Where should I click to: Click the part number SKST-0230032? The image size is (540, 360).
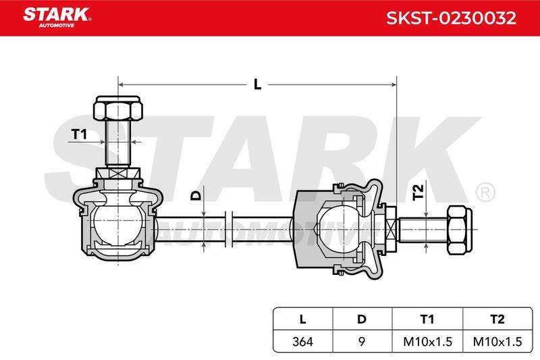tap(451, 18)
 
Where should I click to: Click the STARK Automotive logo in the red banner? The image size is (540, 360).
tap(57, 18)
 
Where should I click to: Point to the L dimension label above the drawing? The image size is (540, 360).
tap(258, 84)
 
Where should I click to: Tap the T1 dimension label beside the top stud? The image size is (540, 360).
tap(79, 134)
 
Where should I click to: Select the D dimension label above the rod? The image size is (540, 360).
tap(196, 196)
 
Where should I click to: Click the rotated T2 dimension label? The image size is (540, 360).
tap(418, 192)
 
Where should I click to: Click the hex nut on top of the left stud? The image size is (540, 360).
tap(117, 108)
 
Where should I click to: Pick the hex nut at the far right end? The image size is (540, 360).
tap(459, 230)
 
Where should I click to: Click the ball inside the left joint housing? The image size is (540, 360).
tap(118, 225)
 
